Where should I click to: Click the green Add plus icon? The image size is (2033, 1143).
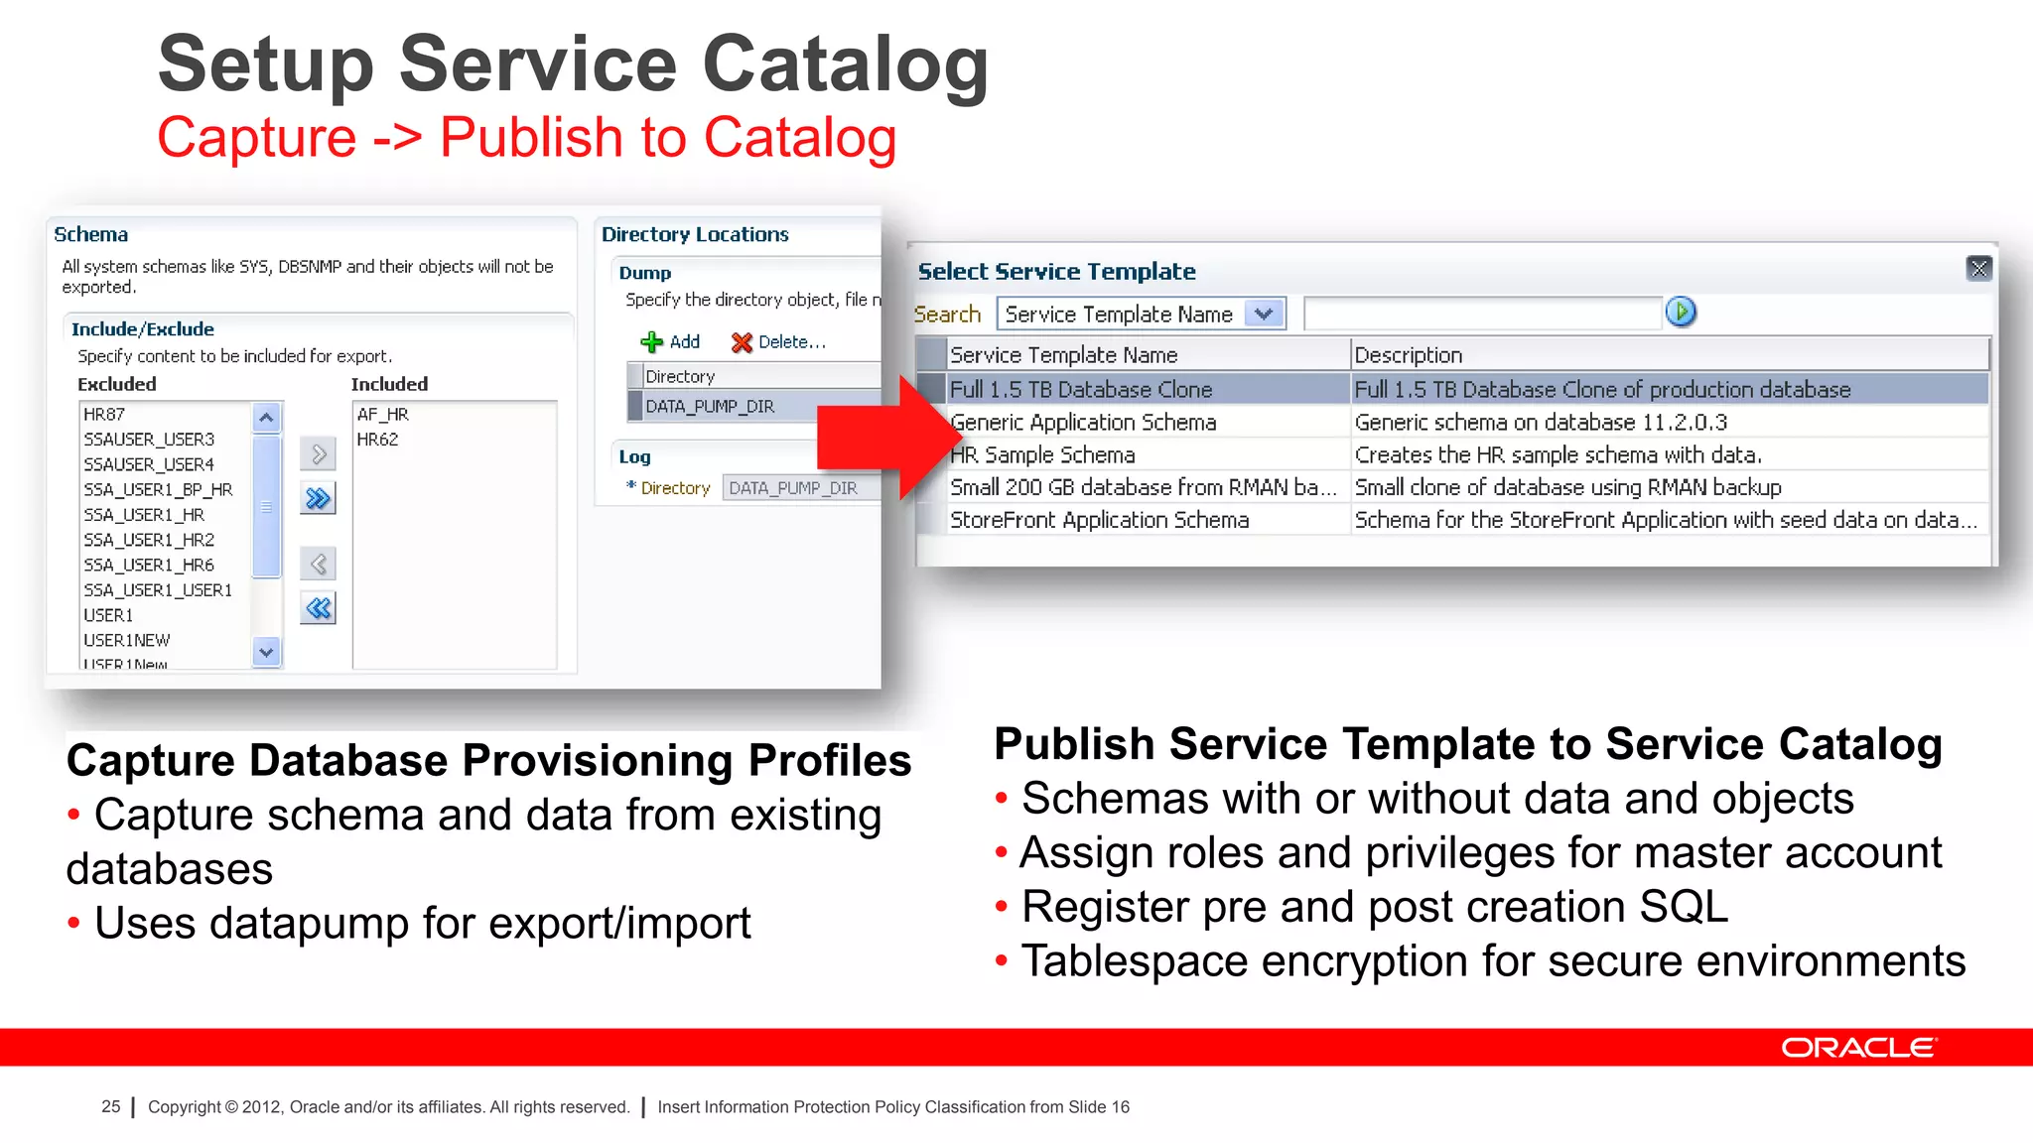pos(651,342)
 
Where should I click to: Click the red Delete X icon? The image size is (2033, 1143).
pos(742,342)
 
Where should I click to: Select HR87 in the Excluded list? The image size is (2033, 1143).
pos(104,415)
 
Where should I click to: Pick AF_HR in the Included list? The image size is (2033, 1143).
pos(382,415)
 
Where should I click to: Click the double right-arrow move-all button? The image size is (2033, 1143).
pos(318,498)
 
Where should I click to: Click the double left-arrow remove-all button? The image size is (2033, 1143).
pos(318,608)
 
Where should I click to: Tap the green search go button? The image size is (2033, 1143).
pos(1681,313)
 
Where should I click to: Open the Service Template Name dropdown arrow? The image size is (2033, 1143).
pos(1264,315)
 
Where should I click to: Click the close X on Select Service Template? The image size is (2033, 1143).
pos(1978,268)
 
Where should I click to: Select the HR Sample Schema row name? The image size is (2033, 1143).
pos(1042,455)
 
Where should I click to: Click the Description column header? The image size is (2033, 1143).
pos(1408,355)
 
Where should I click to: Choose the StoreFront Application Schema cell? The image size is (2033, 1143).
pos(1099,520)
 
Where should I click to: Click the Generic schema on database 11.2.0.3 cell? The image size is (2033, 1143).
pos(1541,423)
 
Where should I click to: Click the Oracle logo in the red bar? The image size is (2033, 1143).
pos(1857,1048)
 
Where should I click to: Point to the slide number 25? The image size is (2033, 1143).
pos(110,1106)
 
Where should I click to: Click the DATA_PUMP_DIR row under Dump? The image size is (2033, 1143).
pos(710,407)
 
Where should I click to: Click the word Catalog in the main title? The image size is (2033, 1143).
pos(845,65)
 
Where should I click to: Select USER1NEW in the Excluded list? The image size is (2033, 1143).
pos(127,641)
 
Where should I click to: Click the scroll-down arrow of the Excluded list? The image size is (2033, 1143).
pos(266,652)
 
